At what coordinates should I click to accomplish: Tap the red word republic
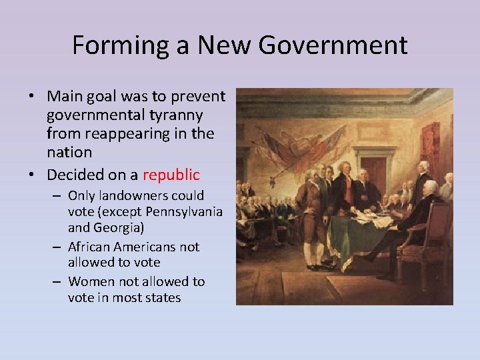click(170, 175)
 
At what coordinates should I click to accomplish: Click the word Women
click(89, 281)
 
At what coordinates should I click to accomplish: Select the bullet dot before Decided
click(32, 176)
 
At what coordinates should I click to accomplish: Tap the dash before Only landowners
click(58, 197)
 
